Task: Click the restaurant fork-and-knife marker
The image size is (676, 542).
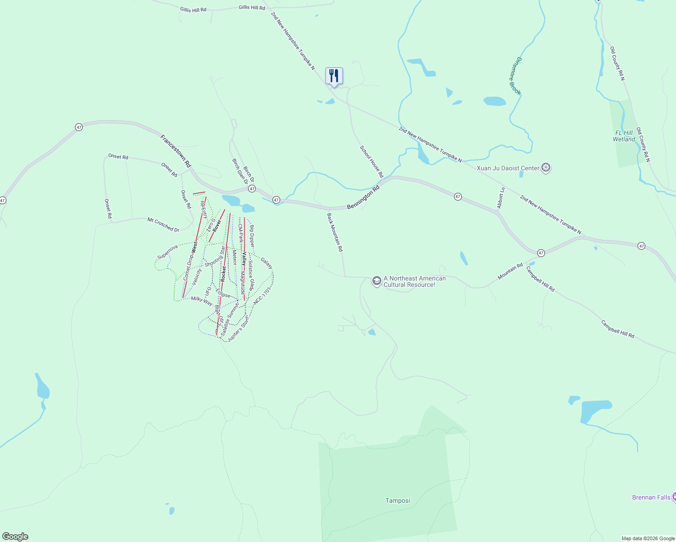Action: (334, 76)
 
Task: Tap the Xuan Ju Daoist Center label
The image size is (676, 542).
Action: (508, 168)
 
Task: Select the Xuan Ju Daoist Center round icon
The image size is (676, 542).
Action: (546, 168)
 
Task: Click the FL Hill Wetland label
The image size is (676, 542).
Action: (624, 136)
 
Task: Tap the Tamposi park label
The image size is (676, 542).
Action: (398, 500)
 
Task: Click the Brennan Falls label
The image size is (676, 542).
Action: (651, 497)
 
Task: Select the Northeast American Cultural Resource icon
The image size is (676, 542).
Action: (376, 281)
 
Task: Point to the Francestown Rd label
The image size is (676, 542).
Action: (176, 151)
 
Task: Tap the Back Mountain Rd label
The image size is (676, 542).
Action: (335, 232)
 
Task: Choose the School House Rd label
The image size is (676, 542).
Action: (371, 161)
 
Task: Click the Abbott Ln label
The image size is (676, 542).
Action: (501, 198)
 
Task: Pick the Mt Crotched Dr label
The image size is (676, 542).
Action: (163, 224)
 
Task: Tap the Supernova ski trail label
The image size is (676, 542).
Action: (168, 252)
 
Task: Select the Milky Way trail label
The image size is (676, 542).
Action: (202, 301)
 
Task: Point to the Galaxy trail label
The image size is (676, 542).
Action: (267, 263)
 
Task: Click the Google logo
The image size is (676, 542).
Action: (15, 537)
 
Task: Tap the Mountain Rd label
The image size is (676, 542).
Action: (510, 271)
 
